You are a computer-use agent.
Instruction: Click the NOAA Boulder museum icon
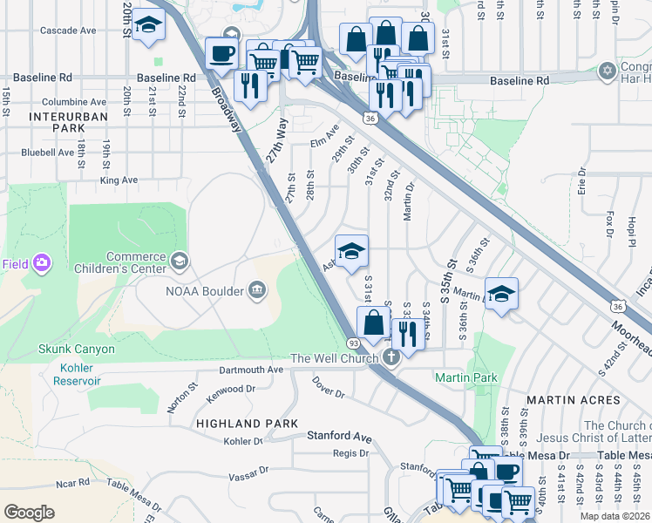click(x=257, y=289)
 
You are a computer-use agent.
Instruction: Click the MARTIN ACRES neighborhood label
click(x=579, y=399)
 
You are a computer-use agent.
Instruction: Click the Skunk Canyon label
click(x=76, y=349)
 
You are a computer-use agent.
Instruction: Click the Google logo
click(x=30, y=512)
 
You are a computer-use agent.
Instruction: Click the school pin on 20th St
click(x=152, y=26)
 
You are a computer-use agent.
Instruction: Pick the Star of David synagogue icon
click(x=608, y=69)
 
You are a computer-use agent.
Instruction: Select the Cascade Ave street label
click(x=68, y=31)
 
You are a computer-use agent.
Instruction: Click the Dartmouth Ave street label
click(x=251, y=370)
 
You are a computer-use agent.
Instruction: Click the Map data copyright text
click(x=614, y=516)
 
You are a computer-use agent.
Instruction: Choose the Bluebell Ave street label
click(x=47, y=152)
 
